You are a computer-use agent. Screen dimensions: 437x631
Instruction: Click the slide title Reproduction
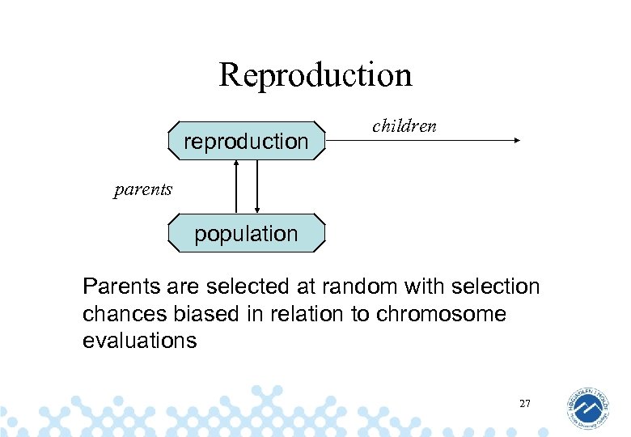click(x=315, y=74)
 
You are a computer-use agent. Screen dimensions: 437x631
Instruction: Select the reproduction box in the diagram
click(x=246, y=141)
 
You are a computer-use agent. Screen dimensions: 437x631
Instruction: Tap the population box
click(x=246, y=234)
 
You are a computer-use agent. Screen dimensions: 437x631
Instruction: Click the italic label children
click(x=404, y=125)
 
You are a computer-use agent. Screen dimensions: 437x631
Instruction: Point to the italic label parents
click(x=142, y=190)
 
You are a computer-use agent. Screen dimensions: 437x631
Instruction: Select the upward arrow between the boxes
click(x=236, y=186)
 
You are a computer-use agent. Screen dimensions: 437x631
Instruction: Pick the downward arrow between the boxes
click(x=256, y=186)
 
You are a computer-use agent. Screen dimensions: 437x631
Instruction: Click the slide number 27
click(x=524, y=402)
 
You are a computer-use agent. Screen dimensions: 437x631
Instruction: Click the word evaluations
click(x=139, y=340)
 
